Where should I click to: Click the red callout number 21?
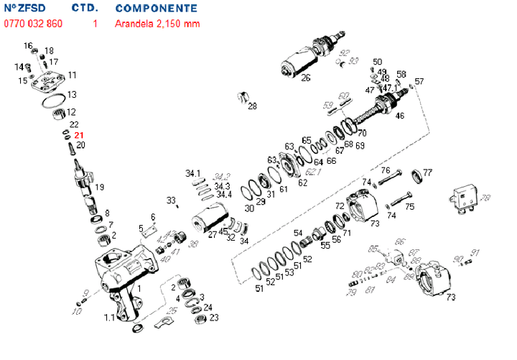(79, 134)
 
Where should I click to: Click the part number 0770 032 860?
(33, 24)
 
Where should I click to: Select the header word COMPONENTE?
(156, 8)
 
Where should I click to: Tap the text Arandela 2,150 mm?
(157, 24)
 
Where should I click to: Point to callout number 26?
(305, 78)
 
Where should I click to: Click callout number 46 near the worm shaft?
(399, 115)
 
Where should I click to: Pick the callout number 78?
(485, 198)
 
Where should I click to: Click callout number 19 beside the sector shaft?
(99, 187)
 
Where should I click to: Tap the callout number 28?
(252, 107)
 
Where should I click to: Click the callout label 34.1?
(193, 174)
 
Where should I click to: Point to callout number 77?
(428, 172)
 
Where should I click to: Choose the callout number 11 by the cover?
(73, 75)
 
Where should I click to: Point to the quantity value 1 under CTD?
(95, 24)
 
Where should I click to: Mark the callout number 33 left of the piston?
(171, 199)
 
